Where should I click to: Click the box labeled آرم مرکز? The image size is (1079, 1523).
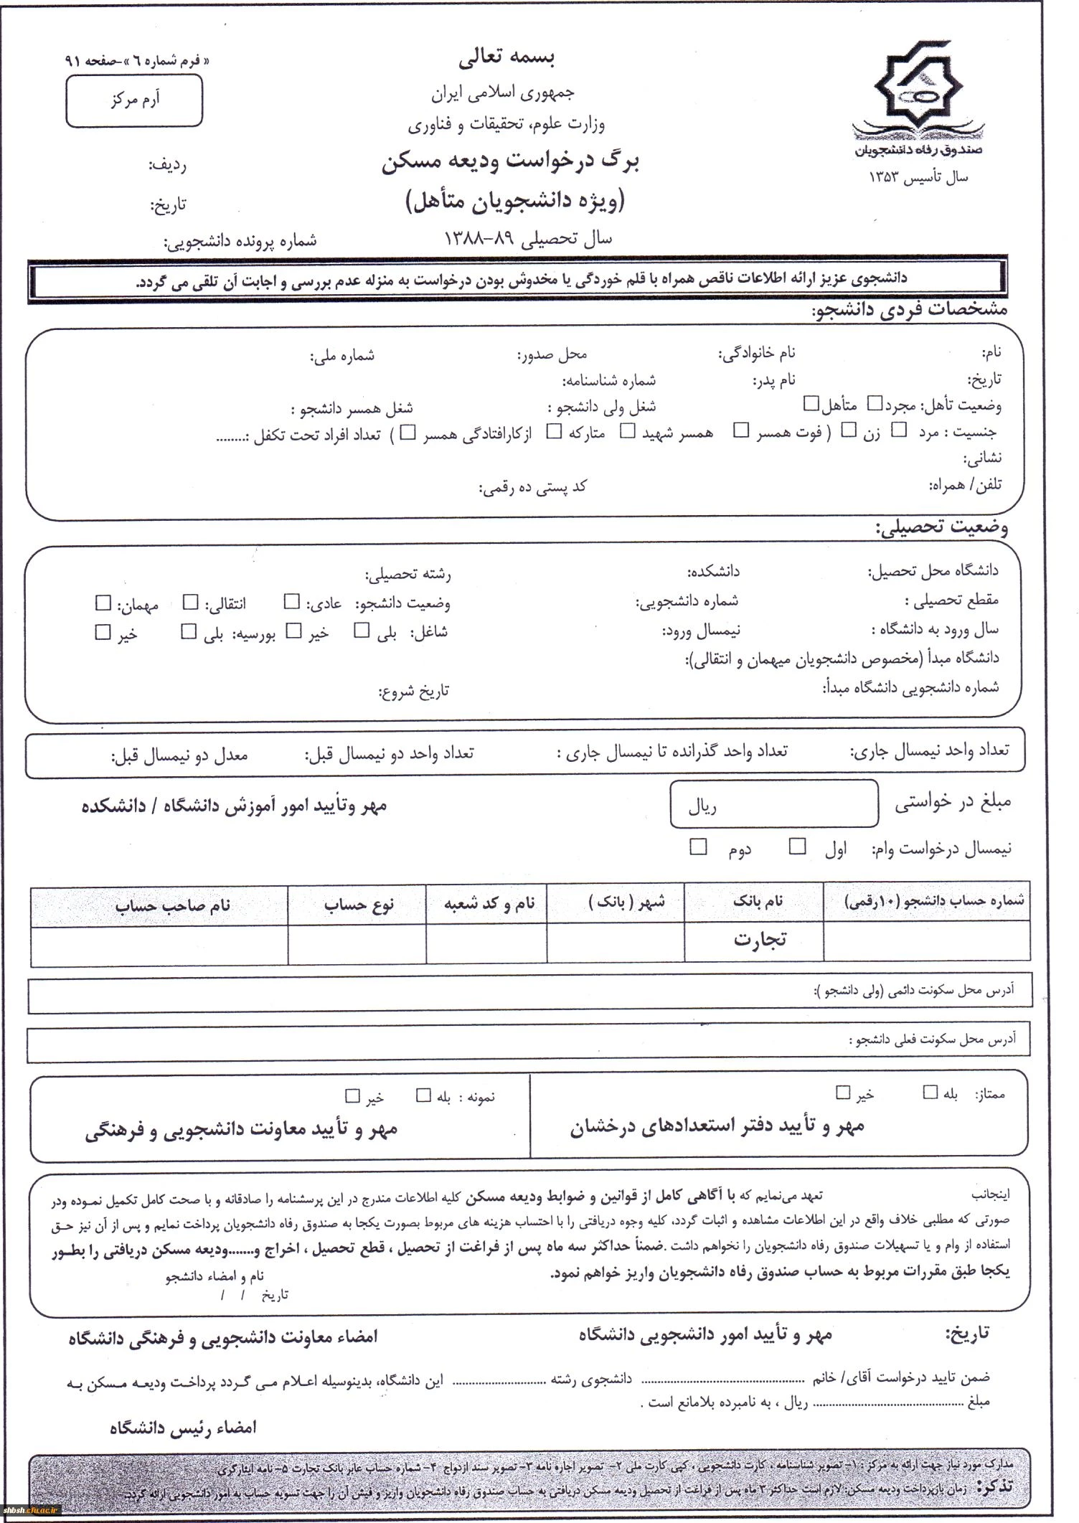(134, 101)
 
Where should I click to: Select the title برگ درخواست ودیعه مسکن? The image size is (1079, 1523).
(510, 163)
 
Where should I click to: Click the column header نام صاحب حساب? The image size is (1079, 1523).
(172, 905)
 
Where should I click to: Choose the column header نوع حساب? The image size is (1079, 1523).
(359, 905)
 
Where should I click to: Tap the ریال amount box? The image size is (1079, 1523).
(774, 805)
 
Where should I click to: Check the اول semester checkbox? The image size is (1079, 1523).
(797, 847)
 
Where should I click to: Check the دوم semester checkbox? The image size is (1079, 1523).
(697, 847)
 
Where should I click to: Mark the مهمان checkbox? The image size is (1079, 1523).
(104, 603)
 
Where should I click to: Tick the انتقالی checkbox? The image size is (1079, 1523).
(190, 602)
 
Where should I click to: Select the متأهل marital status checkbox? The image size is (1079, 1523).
(811, 403)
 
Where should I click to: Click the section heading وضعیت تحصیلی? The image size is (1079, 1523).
(941, 529)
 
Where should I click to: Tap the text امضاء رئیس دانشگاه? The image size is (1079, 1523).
(183, 1428)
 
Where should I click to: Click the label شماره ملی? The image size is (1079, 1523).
(341, 355)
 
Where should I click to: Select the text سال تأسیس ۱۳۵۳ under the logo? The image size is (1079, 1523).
(918, 176)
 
